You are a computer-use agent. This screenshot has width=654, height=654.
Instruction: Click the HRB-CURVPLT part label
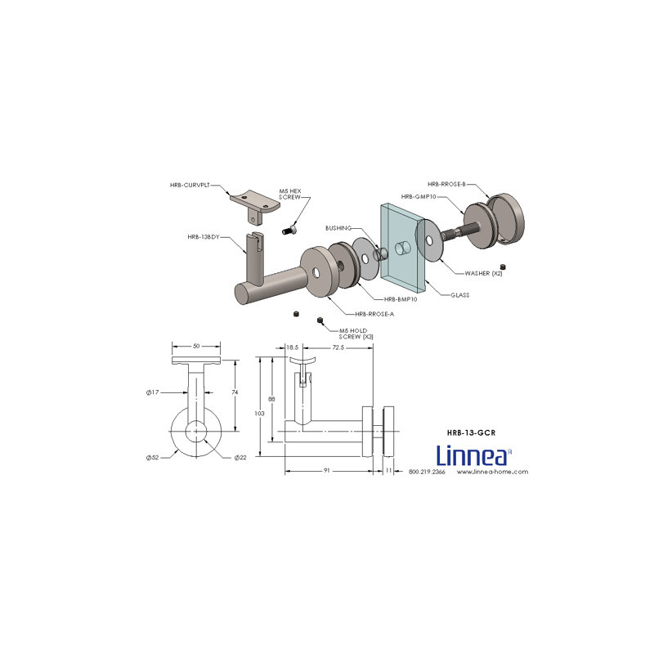190,186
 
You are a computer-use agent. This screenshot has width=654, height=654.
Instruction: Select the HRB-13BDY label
204,237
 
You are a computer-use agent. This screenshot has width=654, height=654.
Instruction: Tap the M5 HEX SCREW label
290,194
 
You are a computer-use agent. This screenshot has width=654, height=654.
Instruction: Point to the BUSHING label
338,228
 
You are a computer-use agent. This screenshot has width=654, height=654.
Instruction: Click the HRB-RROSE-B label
446,184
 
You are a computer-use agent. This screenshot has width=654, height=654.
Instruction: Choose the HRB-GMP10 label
419,196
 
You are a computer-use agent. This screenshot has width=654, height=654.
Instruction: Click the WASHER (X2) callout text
483,274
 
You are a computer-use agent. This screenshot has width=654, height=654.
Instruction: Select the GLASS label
459,295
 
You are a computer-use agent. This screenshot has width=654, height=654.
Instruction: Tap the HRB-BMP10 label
401,299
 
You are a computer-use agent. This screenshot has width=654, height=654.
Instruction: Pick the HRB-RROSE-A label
374,314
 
